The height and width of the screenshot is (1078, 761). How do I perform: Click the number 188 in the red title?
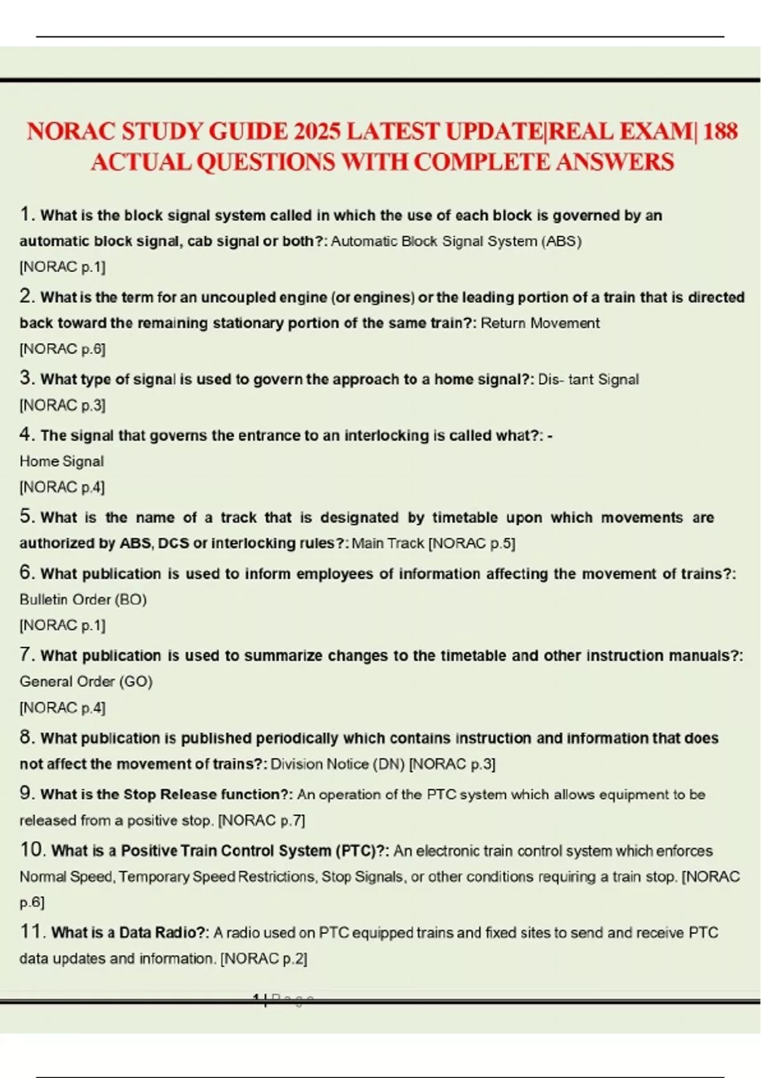click(x=720, y=131)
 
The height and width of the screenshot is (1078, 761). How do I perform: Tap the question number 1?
click(x=25, y=214)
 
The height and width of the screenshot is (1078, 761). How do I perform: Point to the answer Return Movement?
click(x=540, y=323)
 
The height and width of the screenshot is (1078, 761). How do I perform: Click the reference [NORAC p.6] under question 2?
click(x=62, y=349)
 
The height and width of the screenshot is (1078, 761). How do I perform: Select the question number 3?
click(x=26, y=378)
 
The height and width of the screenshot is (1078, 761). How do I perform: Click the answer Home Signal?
click(x=62, y=461)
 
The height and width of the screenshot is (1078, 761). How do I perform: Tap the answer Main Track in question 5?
click(x=387, y=543)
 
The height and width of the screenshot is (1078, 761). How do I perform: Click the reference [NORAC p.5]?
click(x=472, y=543)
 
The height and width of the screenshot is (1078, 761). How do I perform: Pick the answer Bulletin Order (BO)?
click(x=83, y=599)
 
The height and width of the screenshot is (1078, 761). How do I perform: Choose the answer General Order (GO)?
click(x=86, y=682)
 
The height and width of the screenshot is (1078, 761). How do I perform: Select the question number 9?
click(x=26, y=793)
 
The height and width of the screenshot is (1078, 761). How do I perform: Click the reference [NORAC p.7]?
click(x=261, y=821)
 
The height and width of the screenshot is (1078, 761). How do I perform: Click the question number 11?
click(x=31, y=932)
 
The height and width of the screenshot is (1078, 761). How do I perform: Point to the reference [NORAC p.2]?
click(x=264, y=959)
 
